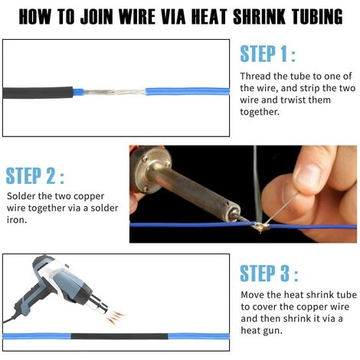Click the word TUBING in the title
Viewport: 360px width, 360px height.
(x=317, y=17)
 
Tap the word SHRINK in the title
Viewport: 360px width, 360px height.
(x=260, y=17)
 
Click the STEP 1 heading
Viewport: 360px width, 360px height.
(x=267, y=54)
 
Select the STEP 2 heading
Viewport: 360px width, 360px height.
(x=34, y=175)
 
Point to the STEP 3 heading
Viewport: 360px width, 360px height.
(x=269, y=273)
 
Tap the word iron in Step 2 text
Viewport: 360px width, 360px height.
(x=17, y=220)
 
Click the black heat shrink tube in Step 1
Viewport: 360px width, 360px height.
(x=38, y=93)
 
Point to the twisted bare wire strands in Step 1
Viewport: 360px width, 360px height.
(x=114, y=92)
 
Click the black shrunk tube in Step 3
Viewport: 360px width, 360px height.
(x=119, y=336)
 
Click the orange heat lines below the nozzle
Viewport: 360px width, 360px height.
(x=116, y=316)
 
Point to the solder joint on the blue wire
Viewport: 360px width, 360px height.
(x=261, y=227)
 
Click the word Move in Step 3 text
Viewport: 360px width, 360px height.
(x=253, y=295)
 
